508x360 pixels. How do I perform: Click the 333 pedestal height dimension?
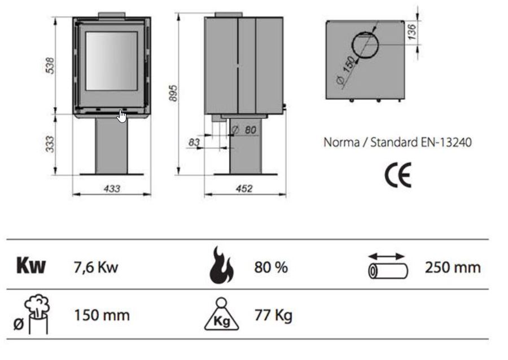(49, 144)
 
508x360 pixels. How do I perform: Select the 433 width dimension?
(112, 188)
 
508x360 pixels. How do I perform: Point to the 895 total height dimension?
(173, 93)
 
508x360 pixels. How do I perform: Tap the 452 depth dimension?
(244, 188)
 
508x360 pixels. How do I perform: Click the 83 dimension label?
(194, 143)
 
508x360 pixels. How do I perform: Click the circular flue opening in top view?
(367, 45)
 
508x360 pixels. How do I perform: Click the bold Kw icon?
(30, 266)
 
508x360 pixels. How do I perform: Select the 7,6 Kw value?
(96, 267)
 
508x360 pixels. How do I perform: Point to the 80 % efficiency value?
(271, 267)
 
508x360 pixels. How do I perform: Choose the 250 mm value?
(453, 267)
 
